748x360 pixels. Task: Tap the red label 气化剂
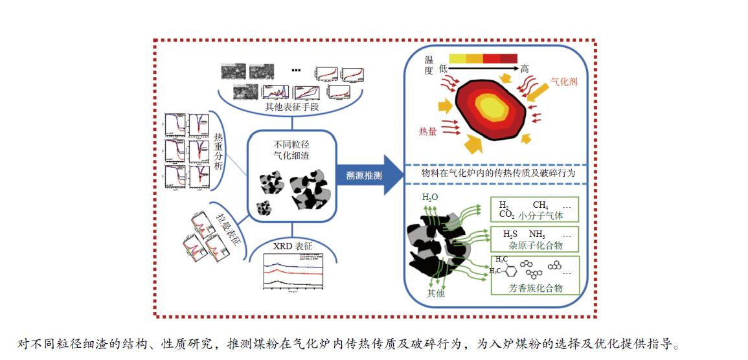[x=563, y=83]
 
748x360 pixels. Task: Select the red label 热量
[x=427, y=132]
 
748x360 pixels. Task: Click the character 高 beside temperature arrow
[x=525, y=69]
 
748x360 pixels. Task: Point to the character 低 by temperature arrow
[x=444, y=69]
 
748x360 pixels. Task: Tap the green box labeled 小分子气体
[x=534, y=209]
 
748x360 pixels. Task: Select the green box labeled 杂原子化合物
[x=534, y=239]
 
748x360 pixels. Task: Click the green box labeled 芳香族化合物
[x=534, y=275]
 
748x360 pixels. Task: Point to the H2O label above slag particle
[x=429, y=197]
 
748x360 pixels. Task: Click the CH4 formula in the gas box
[x=540, y=205]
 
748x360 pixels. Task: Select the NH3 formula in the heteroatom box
[x=536, y=234]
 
